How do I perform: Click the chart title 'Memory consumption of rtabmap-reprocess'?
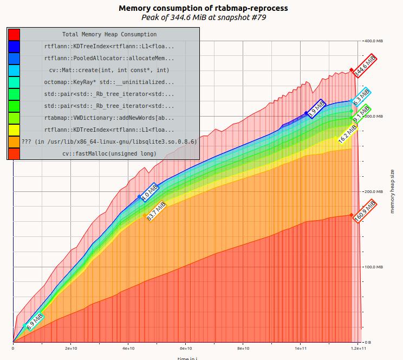tap(203, 8)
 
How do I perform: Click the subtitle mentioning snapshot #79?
tap(203, 17)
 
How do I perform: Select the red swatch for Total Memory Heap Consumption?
tap(14, 34)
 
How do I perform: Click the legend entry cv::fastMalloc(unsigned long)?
tap(108, 153)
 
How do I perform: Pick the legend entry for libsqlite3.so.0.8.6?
tap(108, 142)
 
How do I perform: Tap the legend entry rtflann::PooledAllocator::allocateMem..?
tap(108, 58)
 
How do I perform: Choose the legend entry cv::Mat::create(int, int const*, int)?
tap(108, 70)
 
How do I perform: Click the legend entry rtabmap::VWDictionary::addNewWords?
tap(108, 118)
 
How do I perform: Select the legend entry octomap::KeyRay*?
tap(108, 82)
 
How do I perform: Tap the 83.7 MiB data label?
tap(155, 210)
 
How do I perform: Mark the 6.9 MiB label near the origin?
tap(34, 322)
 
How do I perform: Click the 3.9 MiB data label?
tap(316, 108)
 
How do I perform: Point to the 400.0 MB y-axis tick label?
tap(373, 41)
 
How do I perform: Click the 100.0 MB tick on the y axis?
tap(373, 267)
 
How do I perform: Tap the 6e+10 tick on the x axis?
tap(185, 349)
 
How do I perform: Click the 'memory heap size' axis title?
tap(392, 191)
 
